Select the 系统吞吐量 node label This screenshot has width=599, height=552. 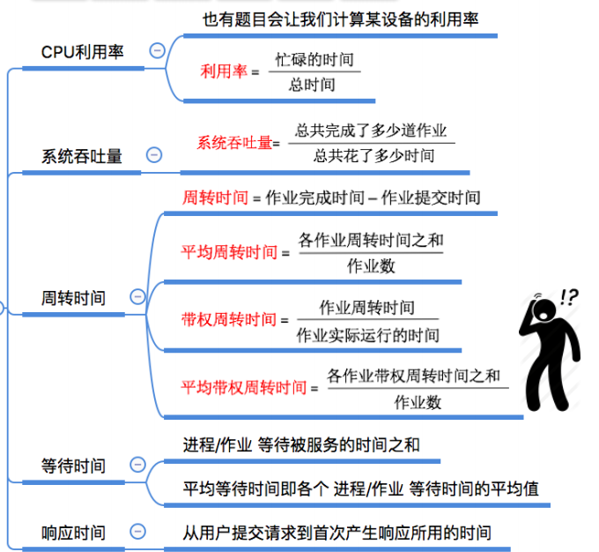coord(82,156)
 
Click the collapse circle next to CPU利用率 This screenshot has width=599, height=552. coord(157,51)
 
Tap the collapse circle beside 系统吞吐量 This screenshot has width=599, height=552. coord(154,155)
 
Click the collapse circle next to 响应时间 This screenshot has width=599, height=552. coord(137,532)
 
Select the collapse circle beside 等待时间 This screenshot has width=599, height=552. coord(137,464)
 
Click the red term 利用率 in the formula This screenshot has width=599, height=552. coord(223,71)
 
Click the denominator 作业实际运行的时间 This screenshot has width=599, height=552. coord(367,335)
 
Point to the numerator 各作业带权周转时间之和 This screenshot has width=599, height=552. coord(413,377)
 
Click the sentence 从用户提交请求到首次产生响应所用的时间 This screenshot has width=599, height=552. coord(336,533)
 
